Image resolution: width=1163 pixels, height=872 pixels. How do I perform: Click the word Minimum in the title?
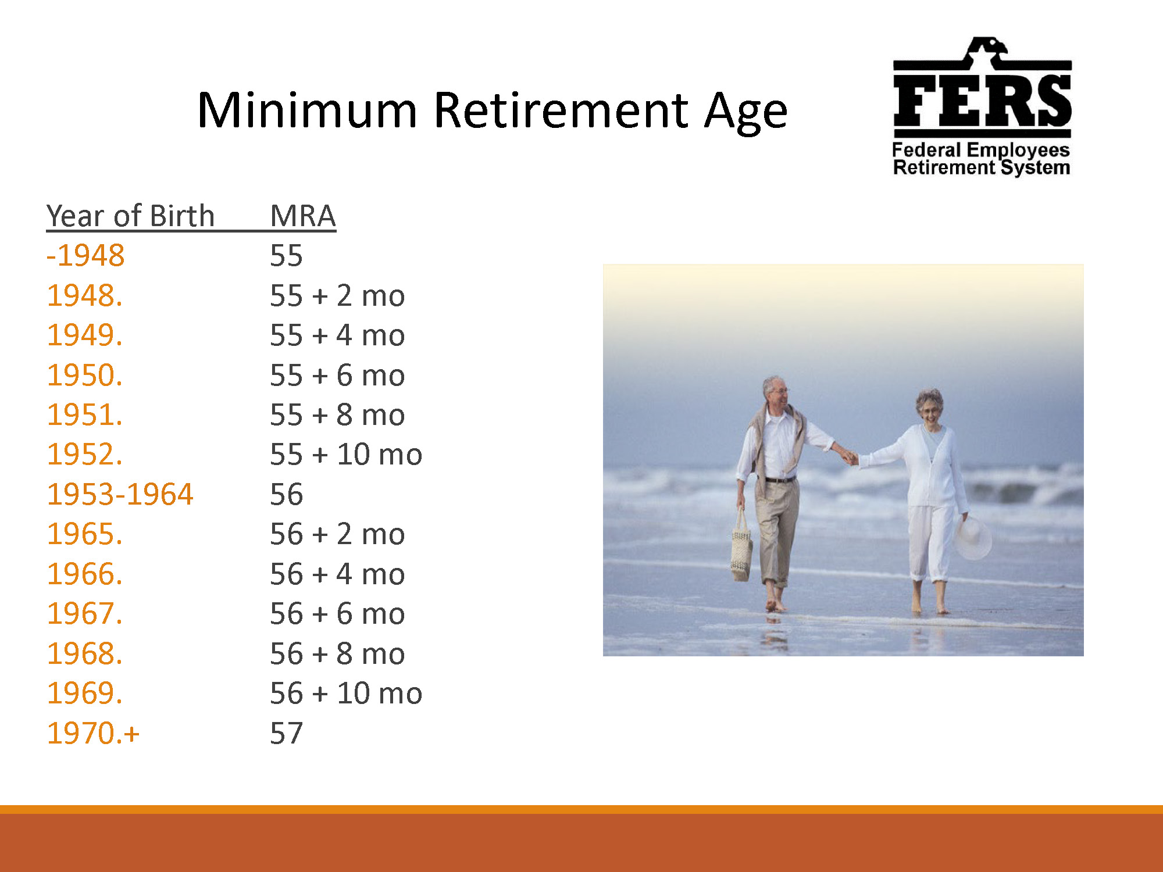[x=308, y=110]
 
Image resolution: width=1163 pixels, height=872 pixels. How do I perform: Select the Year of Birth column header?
[x=130, y=216]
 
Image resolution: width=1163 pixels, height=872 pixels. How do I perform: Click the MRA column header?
[x=303, y=216]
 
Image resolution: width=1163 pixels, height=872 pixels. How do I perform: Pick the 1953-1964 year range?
[x=120, y=494]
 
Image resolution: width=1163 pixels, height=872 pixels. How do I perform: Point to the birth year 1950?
[x=85, y=375]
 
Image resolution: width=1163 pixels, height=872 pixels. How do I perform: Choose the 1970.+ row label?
[x=93, y=733]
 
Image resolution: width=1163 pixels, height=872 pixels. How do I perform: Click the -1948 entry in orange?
[x=85, y=255]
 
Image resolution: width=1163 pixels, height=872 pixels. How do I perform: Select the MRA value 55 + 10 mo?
[x=346, y=454]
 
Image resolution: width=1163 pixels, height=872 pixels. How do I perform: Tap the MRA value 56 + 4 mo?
[x=337, y=574]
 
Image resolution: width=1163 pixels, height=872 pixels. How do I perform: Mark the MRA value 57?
[x=286, y=733]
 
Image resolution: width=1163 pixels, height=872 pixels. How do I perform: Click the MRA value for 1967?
[x=337, y=613]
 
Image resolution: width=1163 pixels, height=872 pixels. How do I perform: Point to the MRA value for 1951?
[x=337, y=414]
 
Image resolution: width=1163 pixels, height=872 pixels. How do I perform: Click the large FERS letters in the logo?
[x=982, y=100]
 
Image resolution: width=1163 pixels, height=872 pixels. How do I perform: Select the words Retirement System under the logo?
[x=982, y=168]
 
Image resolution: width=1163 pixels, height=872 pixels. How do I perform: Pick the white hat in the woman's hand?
[x=972, y=538]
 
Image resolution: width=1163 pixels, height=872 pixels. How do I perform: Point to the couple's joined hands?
[x=851, y=458]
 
